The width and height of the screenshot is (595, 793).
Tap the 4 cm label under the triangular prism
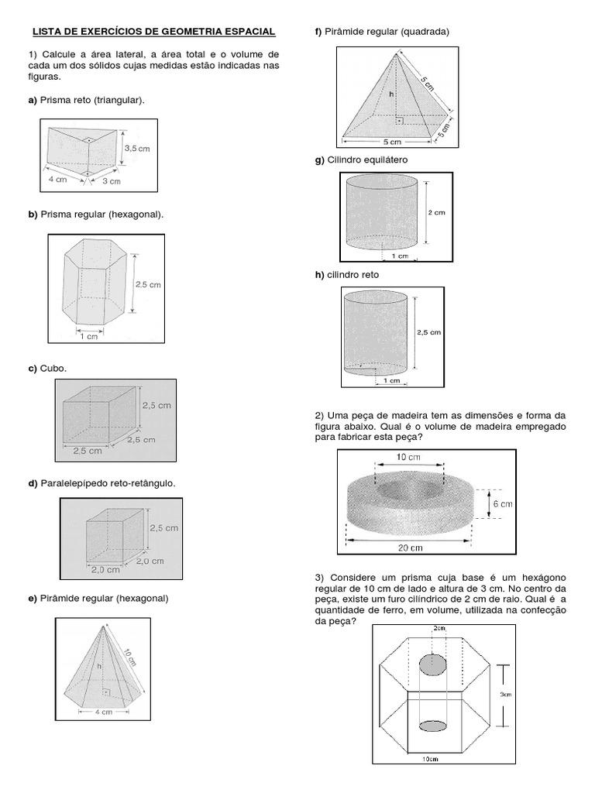(x=57, y=179)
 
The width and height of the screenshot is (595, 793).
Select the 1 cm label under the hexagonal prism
(x=88, y=335)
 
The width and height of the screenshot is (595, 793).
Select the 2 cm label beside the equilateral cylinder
(x=436, y=211)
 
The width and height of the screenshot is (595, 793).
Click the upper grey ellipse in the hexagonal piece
(x=432, y=664)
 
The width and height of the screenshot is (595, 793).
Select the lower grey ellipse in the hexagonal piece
(x=432, y=725)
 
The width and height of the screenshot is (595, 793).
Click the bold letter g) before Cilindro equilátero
(x=318, y=159)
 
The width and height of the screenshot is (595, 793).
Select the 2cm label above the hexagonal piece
(x=439, y=628)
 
